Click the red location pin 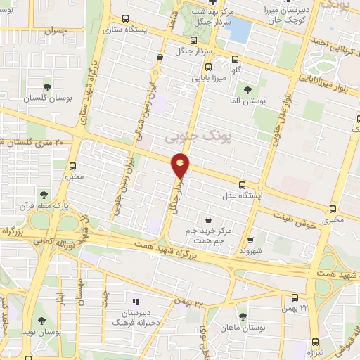tap(181, 165)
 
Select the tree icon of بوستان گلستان tap(47, 88)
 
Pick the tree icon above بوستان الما tap(247, 89)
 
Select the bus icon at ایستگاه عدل tap(243, 184)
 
